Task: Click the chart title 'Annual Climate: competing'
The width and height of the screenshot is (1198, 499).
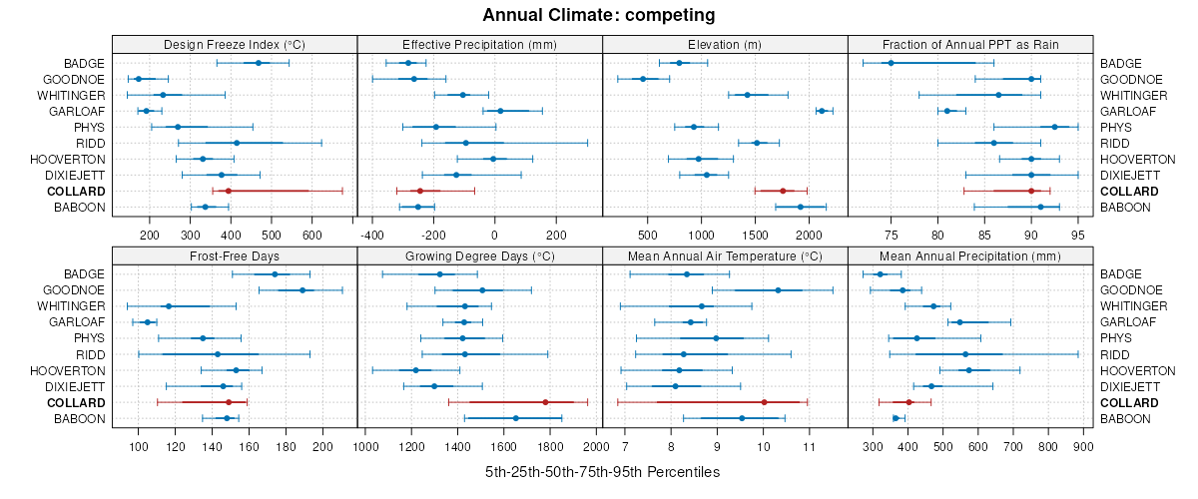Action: (x=598, y=15)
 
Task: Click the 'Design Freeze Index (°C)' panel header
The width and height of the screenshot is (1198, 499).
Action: (x=235, y=44)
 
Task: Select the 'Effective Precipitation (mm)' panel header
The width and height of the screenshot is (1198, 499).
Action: (x=479, y=44)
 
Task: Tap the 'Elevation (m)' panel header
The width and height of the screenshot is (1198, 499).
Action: (x=725, y=44)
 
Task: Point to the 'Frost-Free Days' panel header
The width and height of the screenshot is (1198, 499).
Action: (x=235, y=255)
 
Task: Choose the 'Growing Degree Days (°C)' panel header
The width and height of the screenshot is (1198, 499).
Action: (x=479, y=255)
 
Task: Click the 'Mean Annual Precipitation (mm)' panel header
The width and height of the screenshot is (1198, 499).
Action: (x=970, y=255)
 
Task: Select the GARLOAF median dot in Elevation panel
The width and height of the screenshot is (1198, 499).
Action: (x=822, y=111)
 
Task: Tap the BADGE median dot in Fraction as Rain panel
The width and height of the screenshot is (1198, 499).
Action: (x=891, y=63)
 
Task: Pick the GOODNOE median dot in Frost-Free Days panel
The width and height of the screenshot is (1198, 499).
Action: (x=302, y=290)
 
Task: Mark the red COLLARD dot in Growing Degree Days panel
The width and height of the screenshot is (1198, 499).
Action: (x=545, y=402)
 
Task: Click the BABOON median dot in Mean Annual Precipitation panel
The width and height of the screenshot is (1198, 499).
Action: (x=896, y=418)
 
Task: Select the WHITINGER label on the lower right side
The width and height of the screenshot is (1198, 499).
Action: (x=1131, y=306)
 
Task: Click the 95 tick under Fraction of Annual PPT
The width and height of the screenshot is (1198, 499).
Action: (x=1078, y=236)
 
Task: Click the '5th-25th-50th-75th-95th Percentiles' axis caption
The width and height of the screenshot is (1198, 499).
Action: (x=602, y=471)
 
